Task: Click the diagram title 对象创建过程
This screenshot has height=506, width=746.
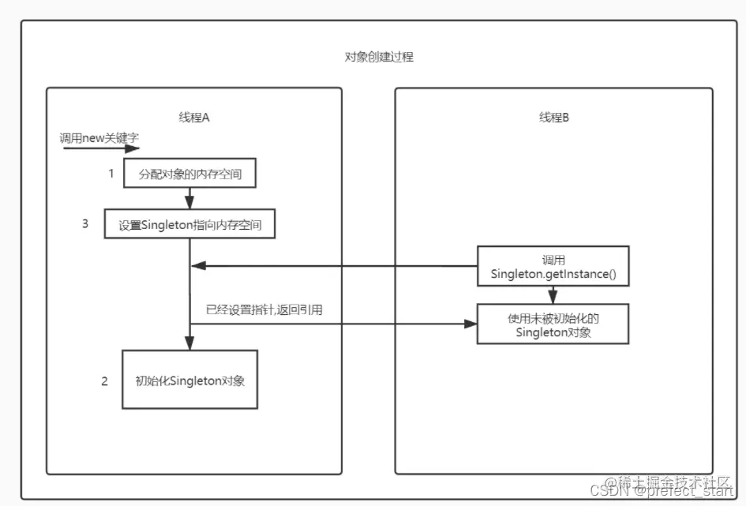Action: tap(379, 58)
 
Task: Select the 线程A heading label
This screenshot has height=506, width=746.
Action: tap(193, 118)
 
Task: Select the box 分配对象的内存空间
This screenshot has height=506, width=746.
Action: tap(190, 174)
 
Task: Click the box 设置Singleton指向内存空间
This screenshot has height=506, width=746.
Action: tap(190, 224)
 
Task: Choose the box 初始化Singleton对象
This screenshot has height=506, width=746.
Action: tap(190, 380)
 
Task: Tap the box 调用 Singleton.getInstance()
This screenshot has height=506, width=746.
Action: tap(553, 267)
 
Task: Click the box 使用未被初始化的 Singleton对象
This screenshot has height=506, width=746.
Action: tap(553, 324)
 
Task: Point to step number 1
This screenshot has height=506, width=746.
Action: tap(111, 173)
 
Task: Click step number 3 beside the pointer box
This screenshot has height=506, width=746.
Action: tap(85, 223)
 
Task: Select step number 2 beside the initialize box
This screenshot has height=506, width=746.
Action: tap(104, 381)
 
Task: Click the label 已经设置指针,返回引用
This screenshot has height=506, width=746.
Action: tap(264, 310)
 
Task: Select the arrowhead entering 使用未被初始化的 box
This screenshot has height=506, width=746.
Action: tap(471, 324)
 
